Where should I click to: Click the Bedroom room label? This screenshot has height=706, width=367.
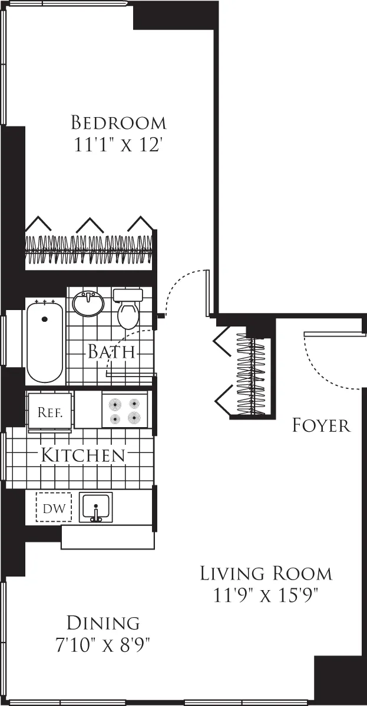click(x=118, y=123)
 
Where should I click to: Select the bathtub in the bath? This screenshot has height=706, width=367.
click(x=44, y=342)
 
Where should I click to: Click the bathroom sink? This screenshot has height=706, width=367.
click(x=88, y=303)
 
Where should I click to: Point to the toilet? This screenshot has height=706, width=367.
click(x=128, y=309)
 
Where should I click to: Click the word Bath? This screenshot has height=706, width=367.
click(x=111, y=352)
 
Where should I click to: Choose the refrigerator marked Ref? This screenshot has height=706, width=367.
click(x=50, y=412)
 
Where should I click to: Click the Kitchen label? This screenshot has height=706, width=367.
click(x=82, y=455)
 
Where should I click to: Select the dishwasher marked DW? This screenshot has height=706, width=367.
click(x=53, y=507)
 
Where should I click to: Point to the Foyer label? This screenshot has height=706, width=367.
click(x=321, y=425)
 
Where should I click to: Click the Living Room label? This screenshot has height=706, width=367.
click(x=266, y=572)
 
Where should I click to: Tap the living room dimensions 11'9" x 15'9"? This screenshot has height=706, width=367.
click(x=266, y=595)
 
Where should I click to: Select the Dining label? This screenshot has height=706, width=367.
click(x=103, y=622)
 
